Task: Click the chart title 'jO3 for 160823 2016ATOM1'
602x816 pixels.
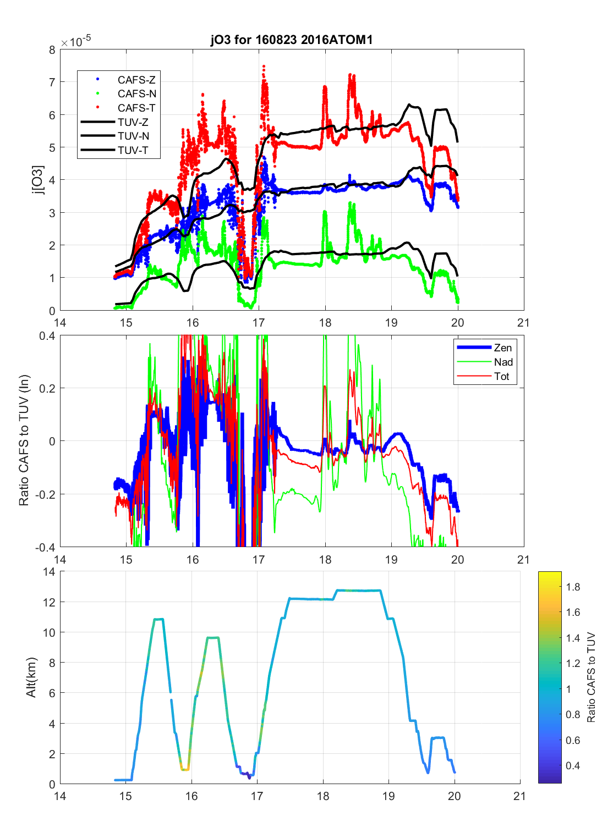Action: (x=292, y=40)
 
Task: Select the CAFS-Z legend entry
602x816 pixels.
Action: (x=136, y=80)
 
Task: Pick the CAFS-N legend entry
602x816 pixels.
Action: (x=136, y=94)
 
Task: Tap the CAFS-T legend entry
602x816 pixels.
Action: (x=136, y=108)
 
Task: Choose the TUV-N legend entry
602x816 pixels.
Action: (x=133, y=136)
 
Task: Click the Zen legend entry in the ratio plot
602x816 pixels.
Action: (x=502, y=348)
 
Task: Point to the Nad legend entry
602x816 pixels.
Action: (x=503, y=362)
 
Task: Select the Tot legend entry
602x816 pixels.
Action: (x=501, y=376)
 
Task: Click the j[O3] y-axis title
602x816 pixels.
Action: (x=37, y=180)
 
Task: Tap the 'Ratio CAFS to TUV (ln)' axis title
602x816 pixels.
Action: (x=24, y=440)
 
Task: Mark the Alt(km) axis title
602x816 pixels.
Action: (x=31, y=677)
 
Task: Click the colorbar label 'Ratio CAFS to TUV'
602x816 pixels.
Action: (x=591, y=677)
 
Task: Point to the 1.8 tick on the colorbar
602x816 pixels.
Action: (x=573, y=587)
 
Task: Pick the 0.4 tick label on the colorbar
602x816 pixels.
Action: (x=573, y=765)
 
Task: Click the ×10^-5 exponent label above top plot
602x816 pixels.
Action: (x=76, y=42)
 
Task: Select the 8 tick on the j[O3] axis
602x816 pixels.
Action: (x=52, y=50)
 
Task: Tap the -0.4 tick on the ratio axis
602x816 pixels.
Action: (x=46, y=547)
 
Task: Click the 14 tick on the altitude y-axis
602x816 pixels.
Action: (x=49, y=572)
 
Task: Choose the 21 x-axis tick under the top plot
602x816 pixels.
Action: (x=523, y=323)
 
